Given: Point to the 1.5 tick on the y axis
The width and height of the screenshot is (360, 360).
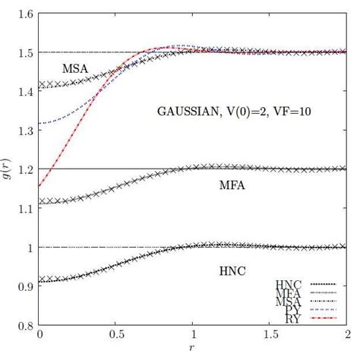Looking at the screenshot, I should (x=24, y=52).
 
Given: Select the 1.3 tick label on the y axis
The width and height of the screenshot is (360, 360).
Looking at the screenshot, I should (x=24, y=131).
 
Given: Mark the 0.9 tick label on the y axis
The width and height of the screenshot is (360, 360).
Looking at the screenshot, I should (x=24, y=286).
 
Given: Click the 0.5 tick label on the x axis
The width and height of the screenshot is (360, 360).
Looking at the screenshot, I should (x=116, y=335).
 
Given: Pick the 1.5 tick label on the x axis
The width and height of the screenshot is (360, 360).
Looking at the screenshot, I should (x=270, y=335).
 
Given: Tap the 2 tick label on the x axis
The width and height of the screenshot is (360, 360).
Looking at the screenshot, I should (x=347, y=335).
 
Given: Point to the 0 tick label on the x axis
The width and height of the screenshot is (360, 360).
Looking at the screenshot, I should (x=39, y=335).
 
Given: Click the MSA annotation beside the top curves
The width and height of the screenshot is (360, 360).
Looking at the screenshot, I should (x=75, y=68).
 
